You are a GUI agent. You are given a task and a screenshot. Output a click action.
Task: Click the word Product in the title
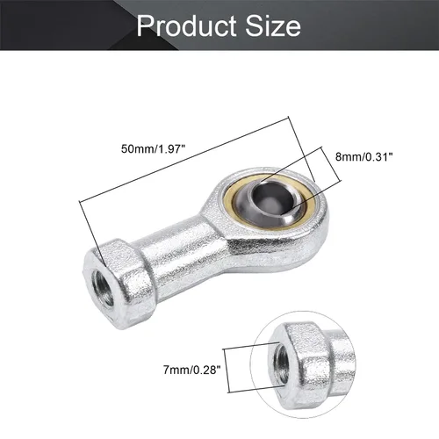point(187,25)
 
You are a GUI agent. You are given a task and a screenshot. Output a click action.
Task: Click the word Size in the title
point(273,25)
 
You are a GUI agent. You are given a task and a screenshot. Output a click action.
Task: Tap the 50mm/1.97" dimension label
point(154,149)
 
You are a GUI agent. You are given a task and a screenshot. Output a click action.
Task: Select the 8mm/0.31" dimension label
point(363,157)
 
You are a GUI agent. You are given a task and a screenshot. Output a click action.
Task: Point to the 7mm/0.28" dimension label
point(191,371)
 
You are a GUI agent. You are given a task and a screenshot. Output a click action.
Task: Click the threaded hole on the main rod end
point(103,288)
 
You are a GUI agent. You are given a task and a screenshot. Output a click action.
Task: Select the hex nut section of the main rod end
point(119,284)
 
